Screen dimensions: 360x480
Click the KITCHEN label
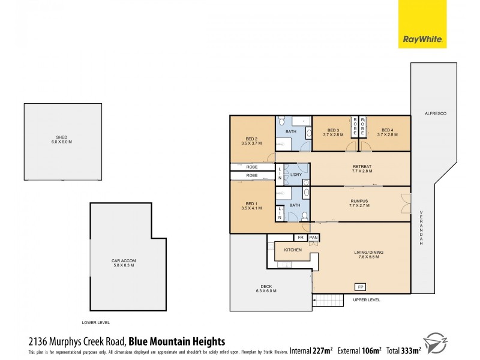tap(292, 250)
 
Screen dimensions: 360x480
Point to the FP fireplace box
tap(360, 286)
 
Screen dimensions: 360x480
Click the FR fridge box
tap(301, 238)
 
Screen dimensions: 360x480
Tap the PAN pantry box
tap(313, 238)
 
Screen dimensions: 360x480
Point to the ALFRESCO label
tap(433, 113)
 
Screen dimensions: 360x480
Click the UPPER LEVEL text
tap(367, 300)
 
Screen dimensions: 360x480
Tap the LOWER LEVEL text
tap(96, 322)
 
